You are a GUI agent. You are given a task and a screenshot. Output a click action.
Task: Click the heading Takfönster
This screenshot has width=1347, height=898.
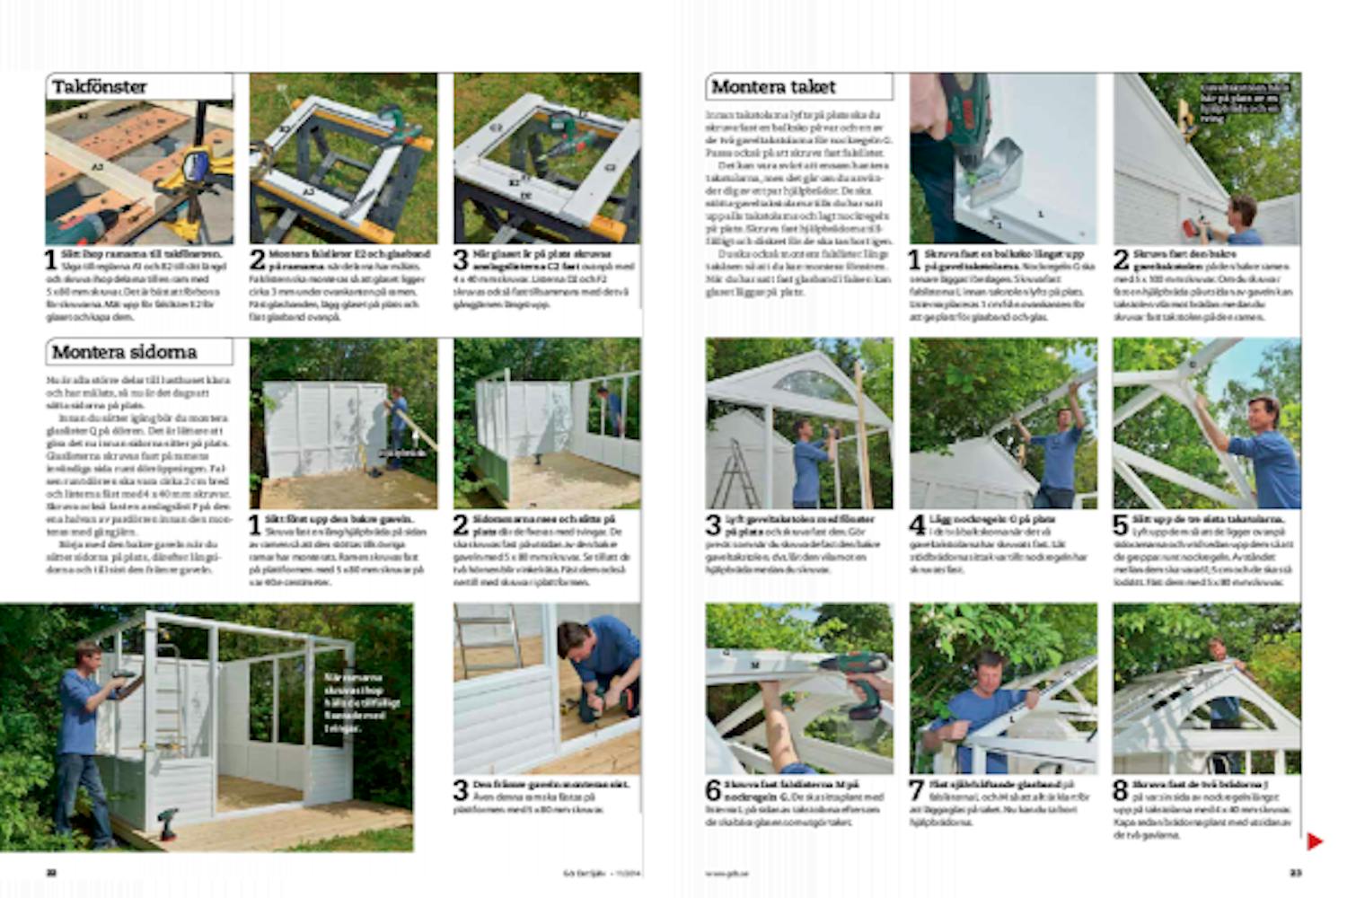point(100,87)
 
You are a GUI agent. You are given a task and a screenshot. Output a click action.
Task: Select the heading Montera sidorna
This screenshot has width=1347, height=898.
point(124,352)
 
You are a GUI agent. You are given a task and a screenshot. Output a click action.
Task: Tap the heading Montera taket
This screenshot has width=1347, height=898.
point(773,87)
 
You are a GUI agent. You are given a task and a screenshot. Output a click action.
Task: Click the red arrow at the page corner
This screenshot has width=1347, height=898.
point(1315,841)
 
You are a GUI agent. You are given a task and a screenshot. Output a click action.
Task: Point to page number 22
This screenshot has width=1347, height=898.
point(52,872)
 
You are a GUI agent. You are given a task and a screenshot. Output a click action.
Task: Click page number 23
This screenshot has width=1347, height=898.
point(1295,872)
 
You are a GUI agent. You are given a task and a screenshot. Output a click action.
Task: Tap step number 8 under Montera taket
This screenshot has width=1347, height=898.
point(1121,791)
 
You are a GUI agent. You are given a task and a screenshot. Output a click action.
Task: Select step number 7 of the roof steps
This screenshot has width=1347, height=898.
point(917,791)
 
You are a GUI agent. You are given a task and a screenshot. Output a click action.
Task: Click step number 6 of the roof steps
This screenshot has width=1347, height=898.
point(713,791)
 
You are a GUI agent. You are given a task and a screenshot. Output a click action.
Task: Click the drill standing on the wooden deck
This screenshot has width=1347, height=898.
point(167,823)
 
